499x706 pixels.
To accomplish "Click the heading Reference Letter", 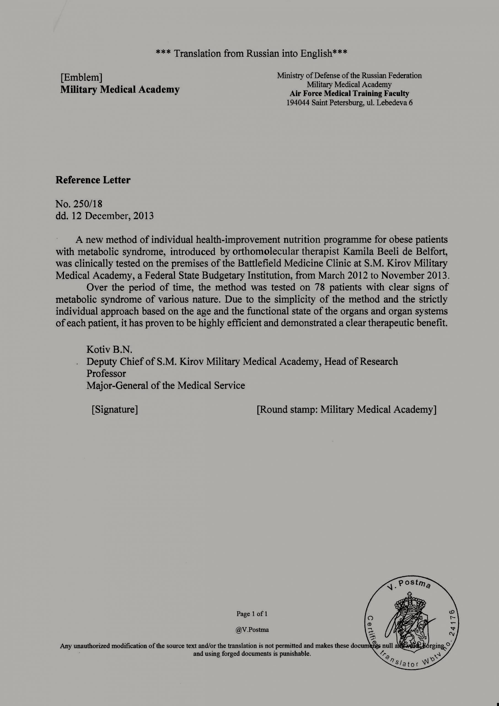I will pos(93,180).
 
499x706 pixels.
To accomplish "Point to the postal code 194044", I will pos(298,103).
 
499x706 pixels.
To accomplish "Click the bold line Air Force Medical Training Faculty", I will pos(349,93).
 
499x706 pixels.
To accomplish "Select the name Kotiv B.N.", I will pos(109,350).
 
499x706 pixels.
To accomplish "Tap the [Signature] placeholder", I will pos(114,410).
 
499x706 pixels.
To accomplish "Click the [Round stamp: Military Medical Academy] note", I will pos(347,410).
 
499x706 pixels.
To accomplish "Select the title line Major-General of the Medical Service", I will pos(166,386).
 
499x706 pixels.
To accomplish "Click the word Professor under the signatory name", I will pos(106,374).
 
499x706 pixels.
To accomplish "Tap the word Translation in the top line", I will pos(197,54).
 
